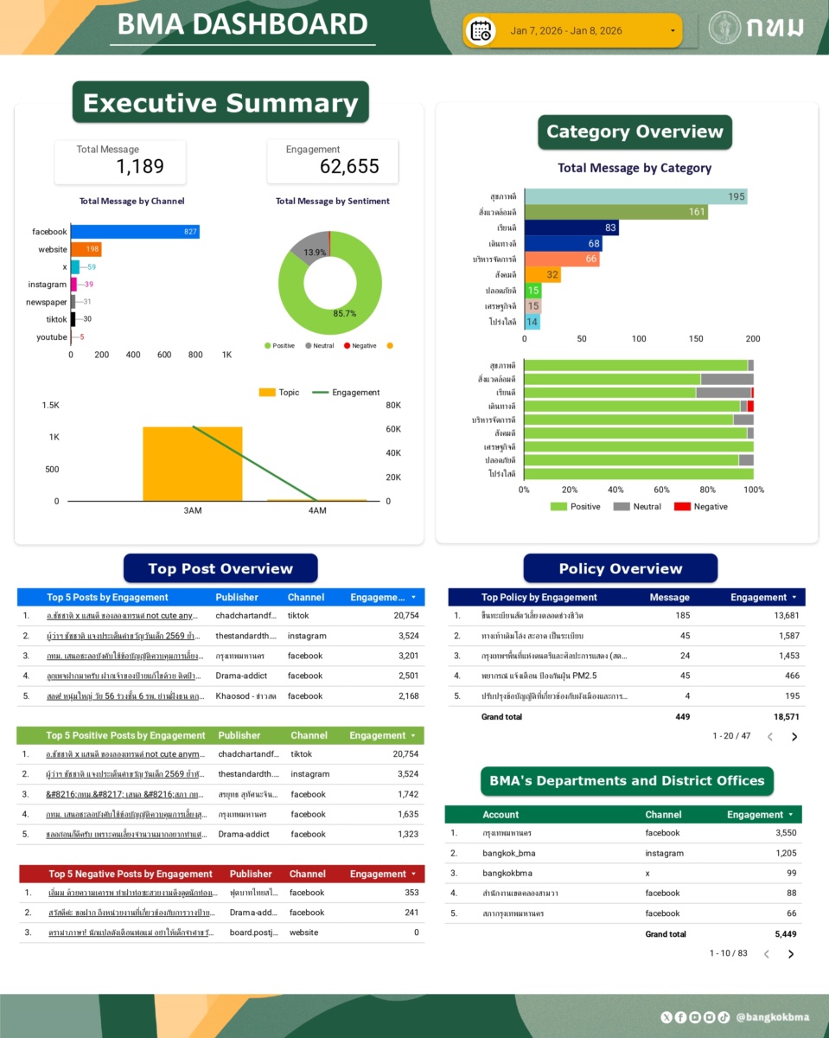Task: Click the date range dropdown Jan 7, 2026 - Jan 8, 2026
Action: (x=572, y=31)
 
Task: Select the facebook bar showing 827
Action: (x=135, y=232)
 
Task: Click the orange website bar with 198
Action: (x=86, y=249)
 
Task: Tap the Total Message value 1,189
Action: (x=140, y=167)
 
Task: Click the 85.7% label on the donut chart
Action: (x=344, y=313)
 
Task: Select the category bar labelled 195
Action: (x=635, y=197)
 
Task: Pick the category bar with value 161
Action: (x=615, y=212)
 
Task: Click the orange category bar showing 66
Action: (x=561, y=259)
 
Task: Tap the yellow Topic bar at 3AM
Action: (x=192, y=464)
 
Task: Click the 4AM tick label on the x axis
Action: (x=317, y=510)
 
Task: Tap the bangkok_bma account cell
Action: (x=509, y=853)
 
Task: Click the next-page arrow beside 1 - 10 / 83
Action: (x=791, y=954)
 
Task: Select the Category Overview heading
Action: (x=635, y=132)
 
